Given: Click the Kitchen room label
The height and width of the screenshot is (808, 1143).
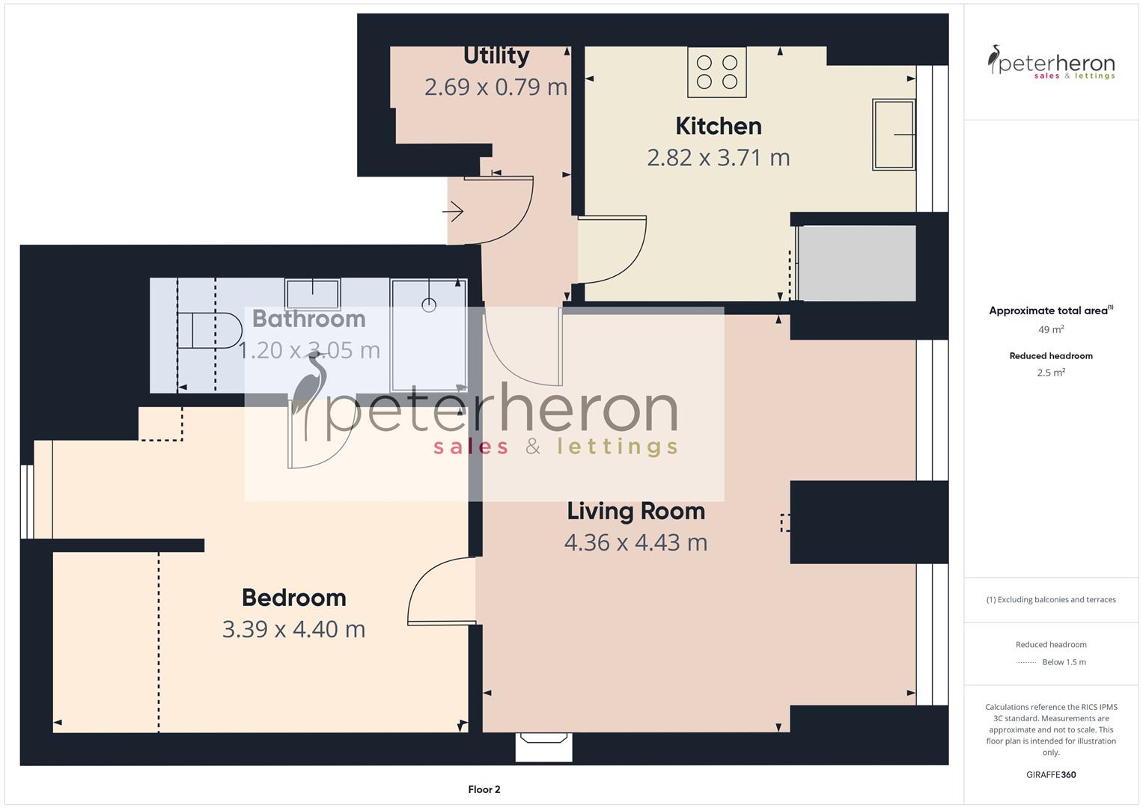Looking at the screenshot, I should coord(718,126).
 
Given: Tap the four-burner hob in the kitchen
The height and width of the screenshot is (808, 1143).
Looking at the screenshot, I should coord(716,72).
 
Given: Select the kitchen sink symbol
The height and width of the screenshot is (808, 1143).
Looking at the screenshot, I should coord(894,135).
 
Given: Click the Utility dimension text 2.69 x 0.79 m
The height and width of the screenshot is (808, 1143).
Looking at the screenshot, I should coord(496,87).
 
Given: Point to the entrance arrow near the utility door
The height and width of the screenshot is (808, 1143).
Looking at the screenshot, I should coord(453,212).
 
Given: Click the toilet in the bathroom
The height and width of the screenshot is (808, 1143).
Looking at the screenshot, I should coord(210,331).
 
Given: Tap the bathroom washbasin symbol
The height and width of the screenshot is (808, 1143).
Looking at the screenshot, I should coord(312,293).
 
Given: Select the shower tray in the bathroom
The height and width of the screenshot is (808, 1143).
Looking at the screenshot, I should coord(428,333).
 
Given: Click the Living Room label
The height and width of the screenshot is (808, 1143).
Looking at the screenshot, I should coord(635,511).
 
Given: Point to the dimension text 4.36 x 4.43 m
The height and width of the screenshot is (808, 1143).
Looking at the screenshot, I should coord(635,542).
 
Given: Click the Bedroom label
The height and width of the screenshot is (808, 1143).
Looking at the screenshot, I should coord(293,597).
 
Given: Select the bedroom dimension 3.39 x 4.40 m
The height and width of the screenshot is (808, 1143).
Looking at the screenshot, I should coord(293,629).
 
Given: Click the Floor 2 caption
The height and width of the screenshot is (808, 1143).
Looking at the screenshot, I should coord(484,789).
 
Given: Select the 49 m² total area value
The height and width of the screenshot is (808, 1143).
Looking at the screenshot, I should coord(1050,329).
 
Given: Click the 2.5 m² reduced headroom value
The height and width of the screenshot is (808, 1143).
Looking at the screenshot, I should coord(1050,373).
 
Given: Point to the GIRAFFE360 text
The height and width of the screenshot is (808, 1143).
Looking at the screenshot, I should coord(1050,774).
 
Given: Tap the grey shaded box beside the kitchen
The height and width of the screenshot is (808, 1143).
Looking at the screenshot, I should coord(858,263).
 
